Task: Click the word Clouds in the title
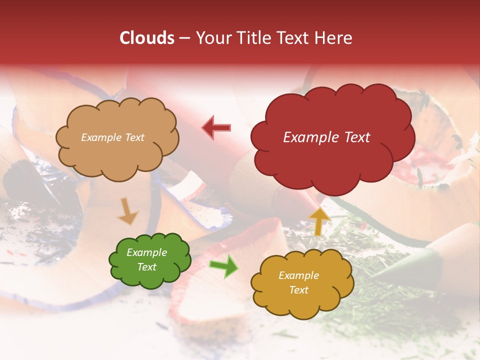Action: coord(147,38)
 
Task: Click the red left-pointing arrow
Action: coord(216,128)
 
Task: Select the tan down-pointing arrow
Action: coord(127,211)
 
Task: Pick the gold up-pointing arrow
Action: coord(320,221)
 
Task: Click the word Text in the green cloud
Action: coord(147,267)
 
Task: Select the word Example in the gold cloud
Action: coord(298,275)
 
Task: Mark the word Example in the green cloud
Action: coord(147,252)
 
